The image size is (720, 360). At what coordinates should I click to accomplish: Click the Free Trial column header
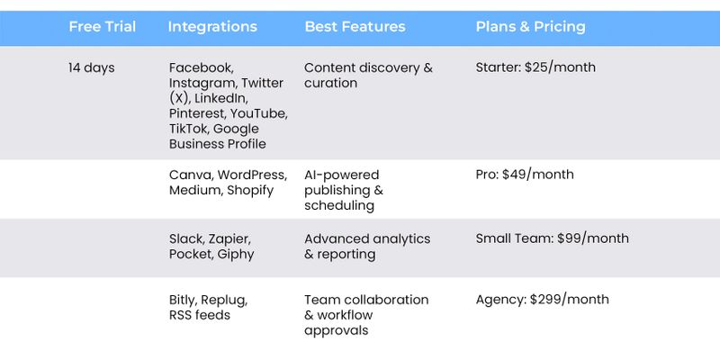[102, 27]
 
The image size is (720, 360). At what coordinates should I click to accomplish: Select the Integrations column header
[212, 27]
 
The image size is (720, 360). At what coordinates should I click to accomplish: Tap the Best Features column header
[355, 27]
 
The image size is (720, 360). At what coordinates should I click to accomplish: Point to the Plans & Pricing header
[530, 27]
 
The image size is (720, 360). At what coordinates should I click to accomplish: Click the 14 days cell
[92, 68]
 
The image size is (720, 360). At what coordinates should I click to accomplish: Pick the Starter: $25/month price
[535, 67]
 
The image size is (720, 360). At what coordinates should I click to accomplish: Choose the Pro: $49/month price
[525, 175]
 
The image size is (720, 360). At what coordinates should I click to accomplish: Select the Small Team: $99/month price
[552, 238]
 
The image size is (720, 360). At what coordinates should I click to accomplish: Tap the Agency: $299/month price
[543, 300]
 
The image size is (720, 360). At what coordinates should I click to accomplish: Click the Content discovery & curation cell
[368, 76]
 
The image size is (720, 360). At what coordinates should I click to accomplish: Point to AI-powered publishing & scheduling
[344, 190]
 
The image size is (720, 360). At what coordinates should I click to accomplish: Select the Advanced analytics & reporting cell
[367, 246]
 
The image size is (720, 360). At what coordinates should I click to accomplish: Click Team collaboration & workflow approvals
[366, 315]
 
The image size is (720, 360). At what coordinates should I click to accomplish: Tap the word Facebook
[201, 68]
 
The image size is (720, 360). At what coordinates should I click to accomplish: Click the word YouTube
[258, 113]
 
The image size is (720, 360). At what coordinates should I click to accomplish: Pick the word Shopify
[250, 191]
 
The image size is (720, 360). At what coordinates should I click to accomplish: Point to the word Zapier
[229, 239]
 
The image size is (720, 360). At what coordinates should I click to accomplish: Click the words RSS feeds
[199, 315]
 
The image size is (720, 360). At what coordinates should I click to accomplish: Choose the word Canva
[191, 175]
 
